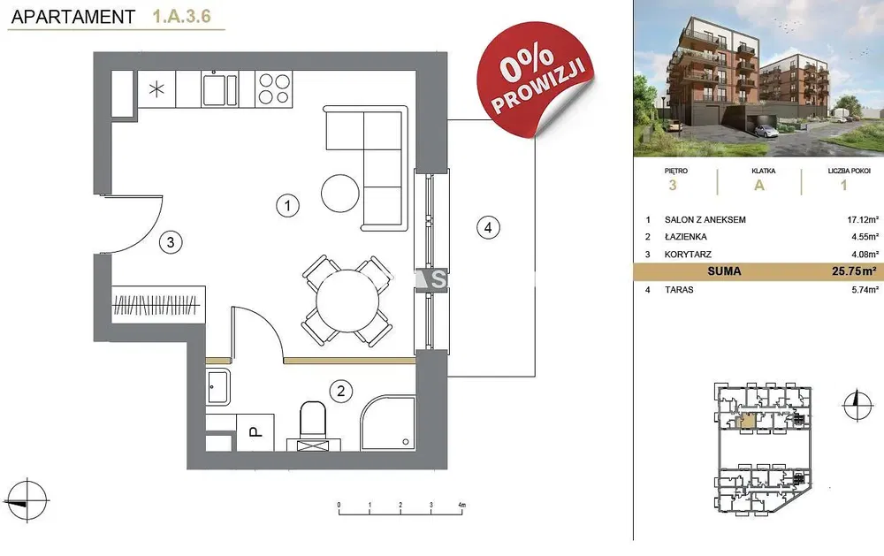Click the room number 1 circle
click(287, 205)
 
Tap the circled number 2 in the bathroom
click(340, 391)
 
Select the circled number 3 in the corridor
click(171, 242)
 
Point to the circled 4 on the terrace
click(488, 227)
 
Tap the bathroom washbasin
click(217, 387)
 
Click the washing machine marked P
click(255, 432)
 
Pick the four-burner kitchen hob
click(274, 89)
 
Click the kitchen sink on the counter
click(220, 89)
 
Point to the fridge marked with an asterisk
click(156, 89)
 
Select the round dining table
click(347, 301)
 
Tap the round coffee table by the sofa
click(340, 193)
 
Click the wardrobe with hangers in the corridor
click(158, 304)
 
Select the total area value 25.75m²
click(855, 271)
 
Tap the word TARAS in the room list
click(679, 290)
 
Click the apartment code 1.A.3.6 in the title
click(181, 16)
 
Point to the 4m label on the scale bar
click(461, 505)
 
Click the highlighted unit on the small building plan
click(748, 422)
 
